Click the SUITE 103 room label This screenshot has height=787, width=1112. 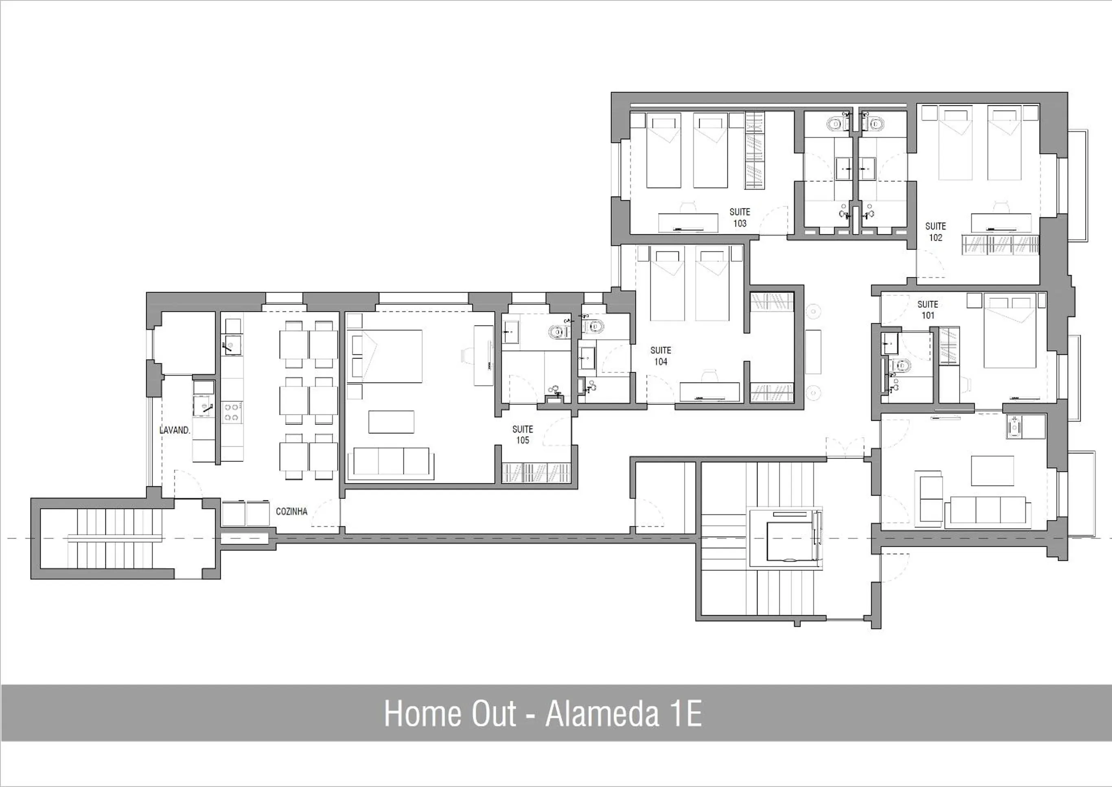click(740, 218)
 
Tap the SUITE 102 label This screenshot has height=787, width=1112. click(936, 232)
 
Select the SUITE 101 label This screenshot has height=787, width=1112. click(928, 310)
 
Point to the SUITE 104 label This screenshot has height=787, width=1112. click(661, 356)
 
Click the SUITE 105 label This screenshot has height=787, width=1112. click(523, 435)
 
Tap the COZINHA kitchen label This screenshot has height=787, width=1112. click(291, 511)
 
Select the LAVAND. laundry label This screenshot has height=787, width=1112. click(175, 430)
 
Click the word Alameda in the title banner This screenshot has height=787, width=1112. click(602, 713)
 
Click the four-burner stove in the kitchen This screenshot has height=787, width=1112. click(232, 412)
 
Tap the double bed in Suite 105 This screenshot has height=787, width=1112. click(386, 356)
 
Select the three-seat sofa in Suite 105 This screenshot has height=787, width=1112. click(391, 461)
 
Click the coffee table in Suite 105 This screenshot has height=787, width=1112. click(391, 422)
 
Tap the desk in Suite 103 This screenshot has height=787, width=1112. click(688, 223)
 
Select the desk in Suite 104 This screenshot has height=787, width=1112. click(710, 392)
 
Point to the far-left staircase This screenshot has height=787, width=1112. click(115, 538)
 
